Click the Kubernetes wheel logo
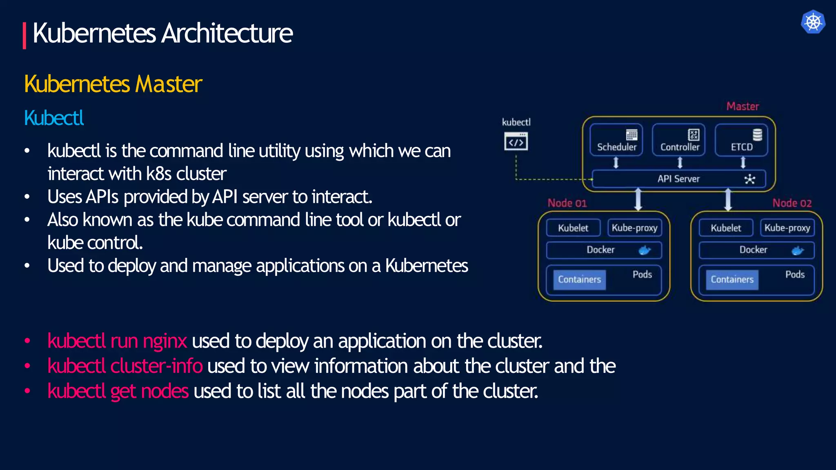(x=813, y=22)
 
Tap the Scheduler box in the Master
(x=616, y=140)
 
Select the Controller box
(x=679, y=140)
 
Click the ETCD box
(x=741, y=140)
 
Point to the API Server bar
(x=678, y=179)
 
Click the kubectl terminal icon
(x=516, y=142)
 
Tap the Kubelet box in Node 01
(x=573, y=228)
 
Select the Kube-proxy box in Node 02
(x=787, y=228)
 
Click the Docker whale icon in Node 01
(x=645, y=250)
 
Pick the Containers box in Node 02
(x=732, y=279)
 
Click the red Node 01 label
(x=567, y=203)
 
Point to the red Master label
(x=743, y=106)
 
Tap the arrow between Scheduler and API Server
(x=616, y=163)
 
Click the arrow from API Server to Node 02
(x=728, y=200)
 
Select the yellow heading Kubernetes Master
(x=113, y=84)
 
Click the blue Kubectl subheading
(x=54, y=118)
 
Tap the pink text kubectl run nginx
(x=117, y=341)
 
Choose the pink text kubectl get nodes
(x=118, y=391)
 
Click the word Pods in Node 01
(x=642, y=275)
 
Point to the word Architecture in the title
(x=227, y=33)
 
